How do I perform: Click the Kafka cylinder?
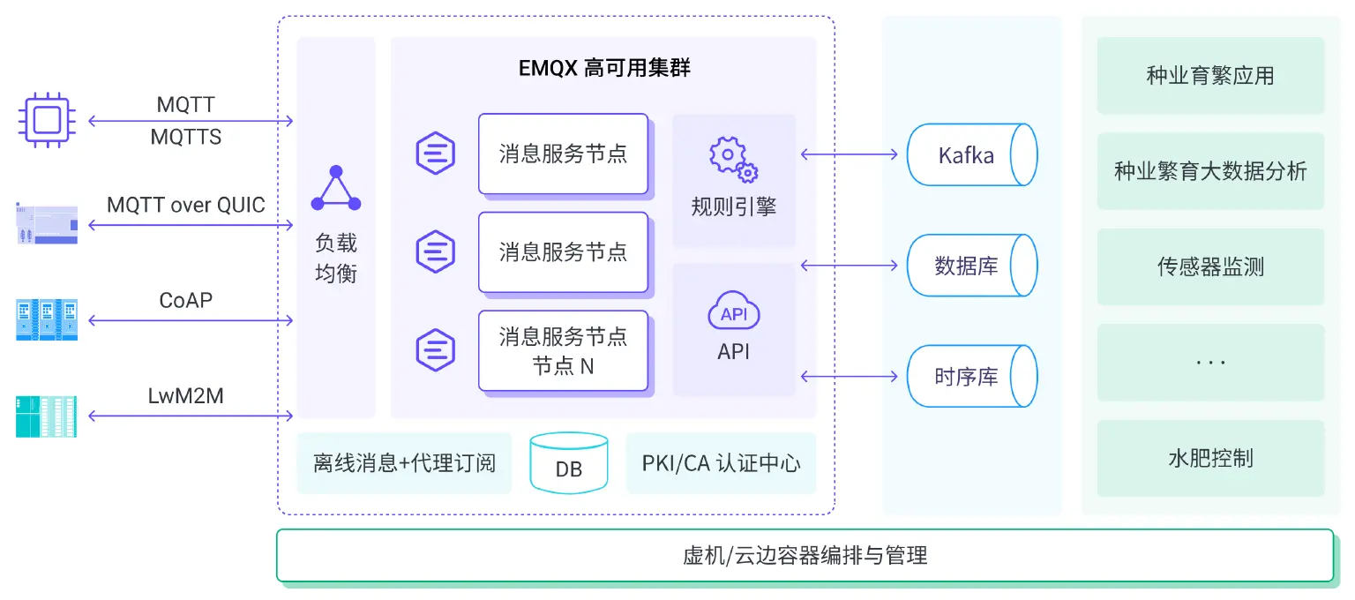point(971,154)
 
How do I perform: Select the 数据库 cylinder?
point(971,266)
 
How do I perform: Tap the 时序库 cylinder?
point(971,377)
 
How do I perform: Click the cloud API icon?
point(734,312)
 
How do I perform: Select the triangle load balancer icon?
point(336,189)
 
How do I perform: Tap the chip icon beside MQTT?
point(47,120)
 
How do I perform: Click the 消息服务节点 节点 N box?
point(563,350)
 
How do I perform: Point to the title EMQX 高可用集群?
point(604,68)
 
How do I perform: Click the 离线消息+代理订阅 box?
point(404,463)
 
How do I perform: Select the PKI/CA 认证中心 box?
point(721,463)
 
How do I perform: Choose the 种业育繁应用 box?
point(1210,76)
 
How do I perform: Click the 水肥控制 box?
point(1210,459)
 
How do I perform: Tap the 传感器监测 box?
point(1210,267)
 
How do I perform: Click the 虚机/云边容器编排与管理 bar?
point(805,556)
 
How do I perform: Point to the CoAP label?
point(186,300)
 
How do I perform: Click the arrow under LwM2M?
point(191,416)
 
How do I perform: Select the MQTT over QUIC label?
point(186,206)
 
